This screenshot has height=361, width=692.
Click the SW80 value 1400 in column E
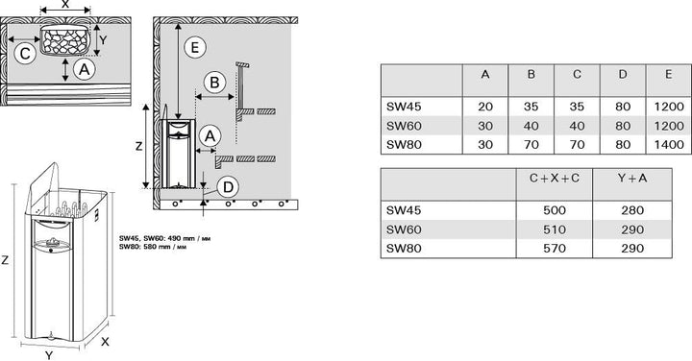pyautogui.click(x=669, y=145)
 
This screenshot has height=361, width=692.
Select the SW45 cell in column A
pyautogui.click(x=485, y=107)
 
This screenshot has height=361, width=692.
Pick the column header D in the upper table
pyautogui.click(x=623, y=75)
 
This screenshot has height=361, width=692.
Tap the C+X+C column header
pyautogui.click(x=555, y=178)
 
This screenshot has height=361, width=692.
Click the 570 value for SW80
pyautogui.click(x=555, y=248)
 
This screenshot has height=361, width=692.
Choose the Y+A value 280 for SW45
pyautogui.click(x=632, y=210)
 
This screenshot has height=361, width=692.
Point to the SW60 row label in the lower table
pyautogui.click(x=404, y=229)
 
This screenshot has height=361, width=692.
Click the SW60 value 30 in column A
pyautogui.click(x=485, y=126)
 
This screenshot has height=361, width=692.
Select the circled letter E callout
pyautogui.click(x=194, y=47)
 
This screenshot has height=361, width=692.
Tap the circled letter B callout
pyautogui.click(x=214, y=83)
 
